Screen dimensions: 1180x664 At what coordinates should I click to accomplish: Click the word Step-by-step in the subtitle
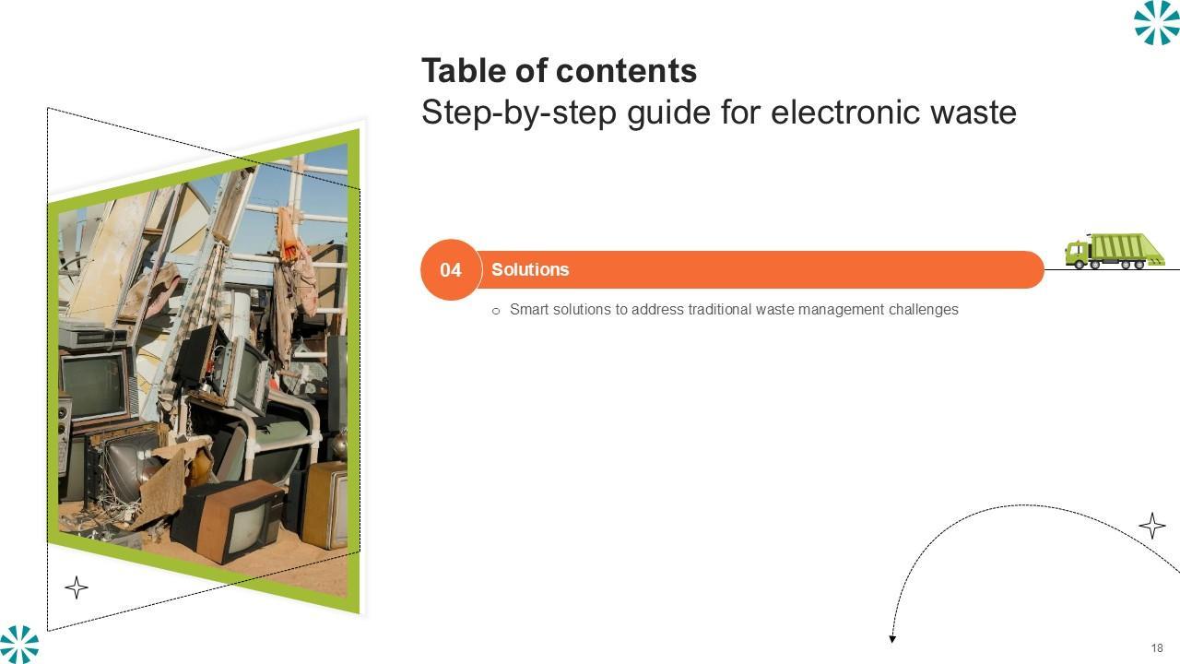(518, 113)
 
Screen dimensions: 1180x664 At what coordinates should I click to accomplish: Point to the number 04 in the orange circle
(451, 270)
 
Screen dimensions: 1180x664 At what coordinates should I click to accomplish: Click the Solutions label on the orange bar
(530, 269)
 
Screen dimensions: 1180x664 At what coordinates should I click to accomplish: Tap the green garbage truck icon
(1115, 251)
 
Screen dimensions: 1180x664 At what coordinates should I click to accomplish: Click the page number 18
(1157, 648)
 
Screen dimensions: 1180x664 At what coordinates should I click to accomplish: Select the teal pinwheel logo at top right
(1156, 22)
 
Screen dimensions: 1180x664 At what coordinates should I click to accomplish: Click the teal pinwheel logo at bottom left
(19, 644)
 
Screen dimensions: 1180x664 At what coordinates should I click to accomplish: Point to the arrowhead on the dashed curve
(892, 639)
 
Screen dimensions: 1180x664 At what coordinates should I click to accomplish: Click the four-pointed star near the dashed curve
(1152, 526)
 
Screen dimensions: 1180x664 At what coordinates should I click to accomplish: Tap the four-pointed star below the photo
(77, 587)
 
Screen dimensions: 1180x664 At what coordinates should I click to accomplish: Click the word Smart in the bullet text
(529, 309)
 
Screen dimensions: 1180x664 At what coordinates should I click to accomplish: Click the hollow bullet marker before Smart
(496, 311)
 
